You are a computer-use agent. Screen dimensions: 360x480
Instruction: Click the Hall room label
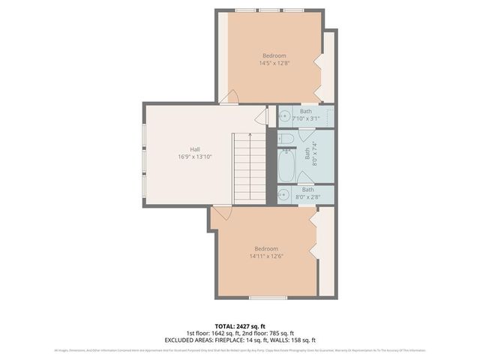(194, 148)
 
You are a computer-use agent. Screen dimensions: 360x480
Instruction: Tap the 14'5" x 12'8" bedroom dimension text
(274, 64)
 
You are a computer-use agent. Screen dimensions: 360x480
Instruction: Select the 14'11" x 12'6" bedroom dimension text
(266, 256)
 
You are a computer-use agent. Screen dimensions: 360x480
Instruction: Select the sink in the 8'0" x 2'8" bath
(284, 195)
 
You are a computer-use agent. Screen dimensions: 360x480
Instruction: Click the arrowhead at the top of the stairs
(250, 135)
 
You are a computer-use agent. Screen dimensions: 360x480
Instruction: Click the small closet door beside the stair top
(261, 117)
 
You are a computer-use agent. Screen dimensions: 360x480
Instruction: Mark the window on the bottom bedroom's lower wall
(268, 298)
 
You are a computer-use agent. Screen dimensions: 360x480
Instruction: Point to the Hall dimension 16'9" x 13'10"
(194, 157)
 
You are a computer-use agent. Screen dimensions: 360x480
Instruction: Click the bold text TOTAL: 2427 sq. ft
(240, 327)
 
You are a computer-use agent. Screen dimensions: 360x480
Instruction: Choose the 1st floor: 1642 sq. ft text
(212, 333)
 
